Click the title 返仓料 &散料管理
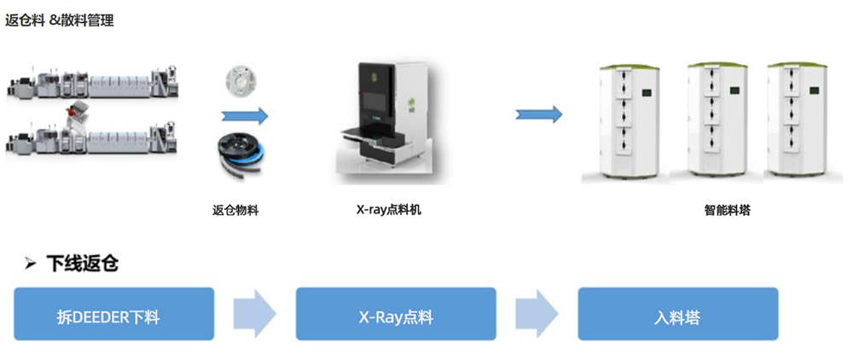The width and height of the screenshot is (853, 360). click(60, 21)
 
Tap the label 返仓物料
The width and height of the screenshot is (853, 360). click(235, 210)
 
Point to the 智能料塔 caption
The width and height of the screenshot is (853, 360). click(727, 210)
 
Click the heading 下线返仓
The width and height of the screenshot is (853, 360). click(82, 264)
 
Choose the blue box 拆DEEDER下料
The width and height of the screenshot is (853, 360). click(113, 314)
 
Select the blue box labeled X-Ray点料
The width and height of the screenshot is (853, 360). click(396, 314)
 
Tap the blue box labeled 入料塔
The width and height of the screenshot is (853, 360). click(678, 314)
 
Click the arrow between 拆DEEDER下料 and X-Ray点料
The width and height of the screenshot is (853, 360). click(255, 314)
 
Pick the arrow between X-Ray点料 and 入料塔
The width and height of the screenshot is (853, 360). click(537, 314)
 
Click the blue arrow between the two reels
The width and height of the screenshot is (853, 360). click(245, 115)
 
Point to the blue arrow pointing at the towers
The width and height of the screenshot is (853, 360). click(538, 114)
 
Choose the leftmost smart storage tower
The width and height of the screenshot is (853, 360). click(630, 121)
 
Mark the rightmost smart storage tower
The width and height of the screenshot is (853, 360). click(797, 119)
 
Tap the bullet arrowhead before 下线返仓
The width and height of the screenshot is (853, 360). click(31, 264)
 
